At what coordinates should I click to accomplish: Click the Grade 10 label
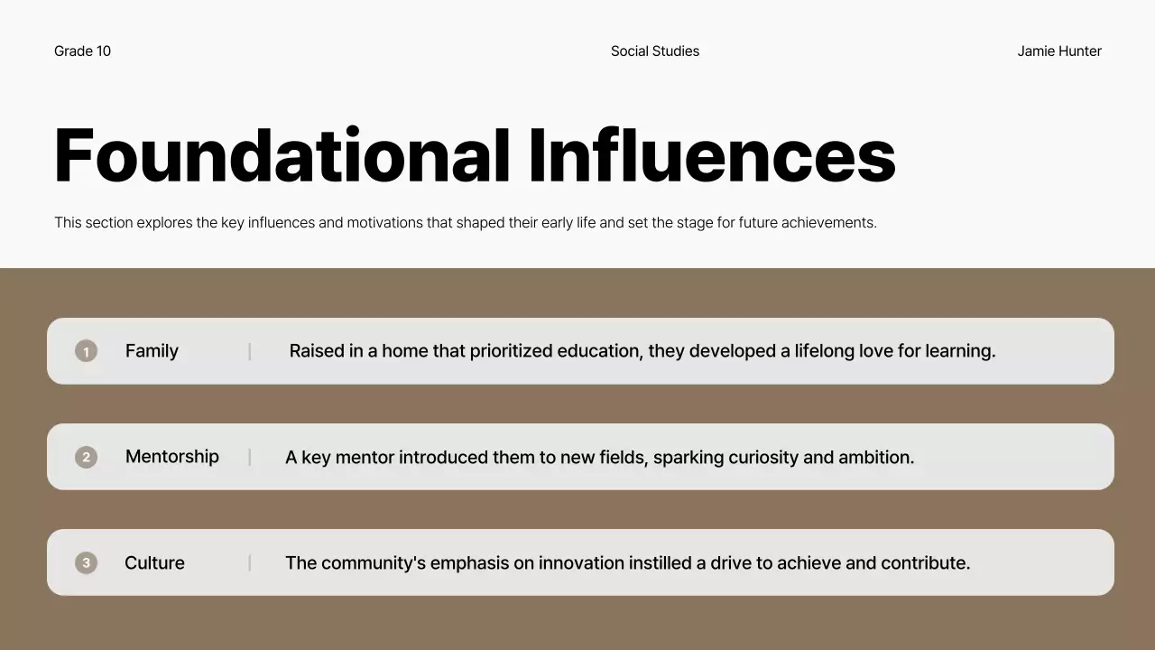[82, 51]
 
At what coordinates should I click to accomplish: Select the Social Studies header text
[654, 51]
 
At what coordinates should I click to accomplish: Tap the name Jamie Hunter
[1058, 51]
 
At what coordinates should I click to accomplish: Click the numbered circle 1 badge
[86, 351]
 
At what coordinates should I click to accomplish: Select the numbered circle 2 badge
[86, 457]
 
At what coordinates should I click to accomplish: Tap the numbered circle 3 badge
[86, 563]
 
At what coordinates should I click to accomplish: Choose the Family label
[152, 351]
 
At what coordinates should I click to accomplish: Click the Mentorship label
[171, 457]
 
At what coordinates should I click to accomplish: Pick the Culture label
[154, 563]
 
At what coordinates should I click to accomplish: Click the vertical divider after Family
[250, 351]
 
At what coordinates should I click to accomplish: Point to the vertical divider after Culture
[250, 563]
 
